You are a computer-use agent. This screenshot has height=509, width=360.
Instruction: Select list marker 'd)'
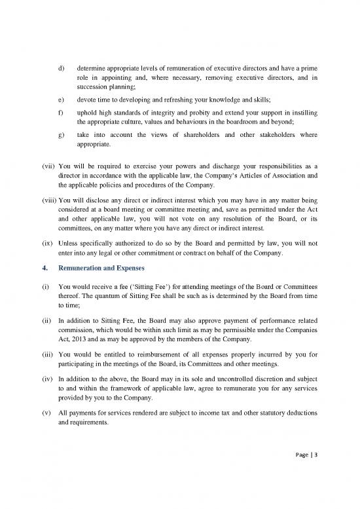coord(62,67)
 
